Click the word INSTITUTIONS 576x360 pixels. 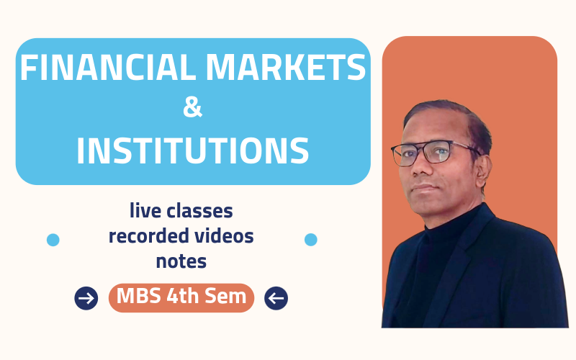193,150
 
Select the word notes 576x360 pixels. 181,261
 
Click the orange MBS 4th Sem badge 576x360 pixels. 181,297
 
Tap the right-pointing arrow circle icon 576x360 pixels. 86,297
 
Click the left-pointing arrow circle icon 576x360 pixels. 276,297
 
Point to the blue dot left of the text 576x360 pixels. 53,240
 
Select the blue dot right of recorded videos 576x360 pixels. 311,239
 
